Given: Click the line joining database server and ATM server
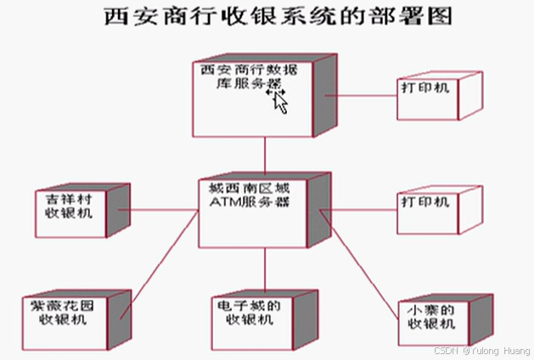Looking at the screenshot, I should click(x=265, y=154).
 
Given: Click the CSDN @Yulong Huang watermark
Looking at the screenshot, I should click(x=481, y=350).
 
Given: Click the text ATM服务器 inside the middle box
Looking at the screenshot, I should click(x=246, y=204).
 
